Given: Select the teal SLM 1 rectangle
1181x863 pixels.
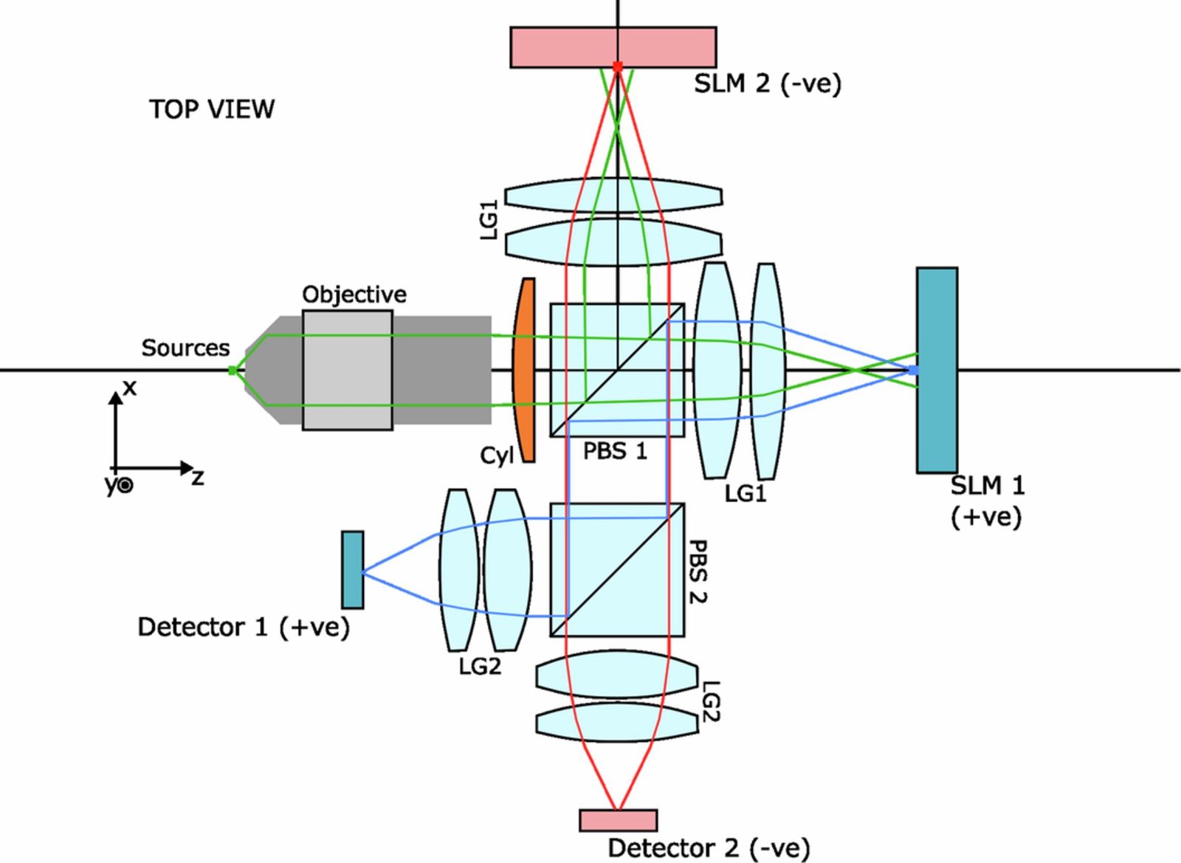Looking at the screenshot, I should [937, 370].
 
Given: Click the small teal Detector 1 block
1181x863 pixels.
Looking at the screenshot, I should [353, 569].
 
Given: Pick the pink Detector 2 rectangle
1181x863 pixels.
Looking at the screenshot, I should [618, 820].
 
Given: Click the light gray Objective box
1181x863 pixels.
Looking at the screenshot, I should [347, 370].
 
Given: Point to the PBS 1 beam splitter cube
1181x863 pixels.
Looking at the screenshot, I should [617, 370].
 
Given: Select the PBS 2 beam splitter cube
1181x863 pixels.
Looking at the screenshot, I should [617, 569].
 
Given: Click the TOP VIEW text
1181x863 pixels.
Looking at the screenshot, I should [212, 109].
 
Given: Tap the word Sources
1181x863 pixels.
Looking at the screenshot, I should [185, 348].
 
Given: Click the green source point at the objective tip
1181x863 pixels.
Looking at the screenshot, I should [233, 370].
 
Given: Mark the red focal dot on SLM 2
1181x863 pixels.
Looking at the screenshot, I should [618, 66].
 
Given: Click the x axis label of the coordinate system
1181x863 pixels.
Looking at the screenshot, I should [130, 387].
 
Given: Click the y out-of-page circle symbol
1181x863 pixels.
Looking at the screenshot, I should [126, 485].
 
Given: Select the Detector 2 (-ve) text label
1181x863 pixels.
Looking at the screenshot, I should [708, 848].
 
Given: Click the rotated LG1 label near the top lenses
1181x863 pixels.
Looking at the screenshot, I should [489, 219].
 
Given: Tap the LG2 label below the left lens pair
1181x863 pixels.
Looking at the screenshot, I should [480, 667].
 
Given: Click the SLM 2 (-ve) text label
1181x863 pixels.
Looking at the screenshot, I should [767, 83].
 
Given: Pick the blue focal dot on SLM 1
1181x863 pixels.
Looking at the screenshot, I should [913, 370].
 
